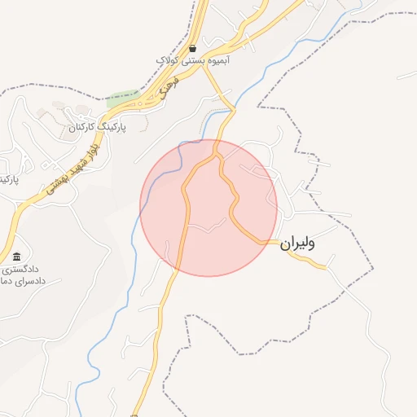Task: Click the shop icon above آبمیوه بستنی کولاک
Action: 192,49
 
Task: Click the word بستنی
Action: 192,61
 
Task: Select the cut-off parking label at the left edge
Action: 8,178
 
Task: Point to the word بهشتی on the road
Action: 55,186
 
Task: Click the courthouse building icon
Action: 17,257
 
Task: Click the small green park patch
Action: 122,99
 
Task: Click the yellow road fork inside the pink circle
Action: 217,155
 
